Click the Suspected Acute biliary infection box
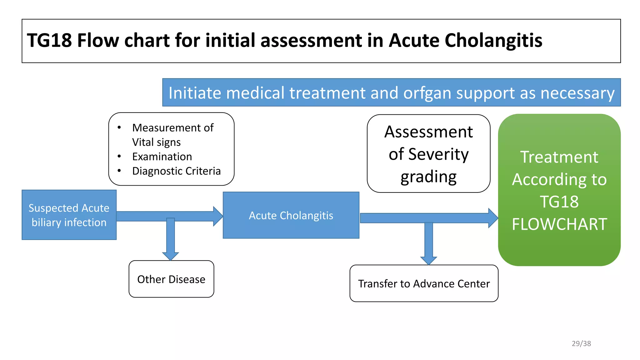pos(69,215)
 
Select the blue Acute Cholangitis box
pos(291,215)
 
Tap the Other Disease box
pos(171,279)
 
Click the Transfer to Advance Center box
pos(424,283)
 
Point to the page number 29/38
pos(581,343)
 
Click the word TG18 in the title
pos(49,41)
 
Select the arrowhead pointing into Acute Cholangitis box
pos(218,216)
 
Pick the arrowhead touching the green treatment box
pos(493,218)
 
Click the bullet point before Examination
pos(119,156)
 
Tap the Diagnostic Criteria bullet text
pos(176,171)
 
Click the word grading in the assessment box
pos(428,177)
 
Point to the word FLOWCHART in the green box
pos(559,224)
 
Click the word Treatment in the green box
pos(559,157)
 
